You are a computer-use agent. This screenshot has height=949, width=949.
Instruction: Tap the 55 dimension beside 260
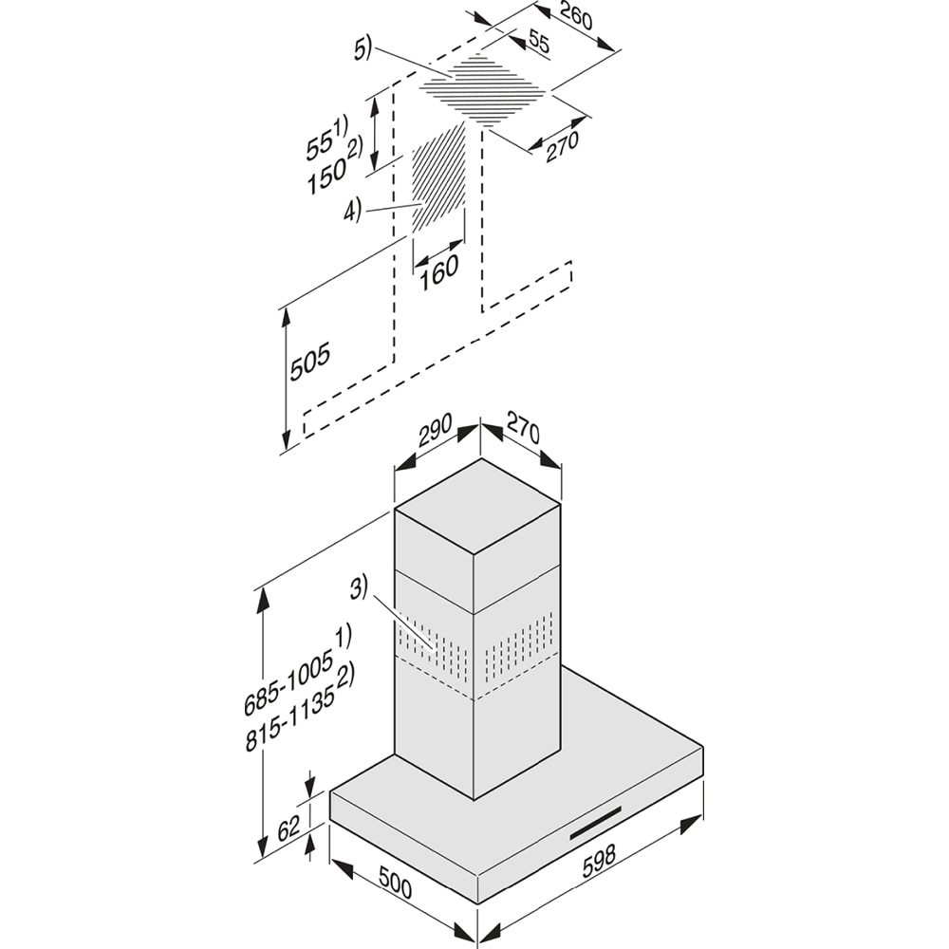[538, 41]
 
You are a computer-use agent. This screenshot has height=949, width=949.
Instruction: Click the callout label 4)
[352, 212]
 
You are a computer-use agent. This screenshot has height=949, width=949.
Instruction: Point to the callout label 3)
[357, 589]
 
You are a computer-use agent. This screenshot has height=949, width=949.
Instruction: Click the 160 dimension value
[437, 269]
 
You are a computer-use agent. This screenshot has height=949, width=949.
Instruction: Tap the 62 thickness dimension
[288, 828]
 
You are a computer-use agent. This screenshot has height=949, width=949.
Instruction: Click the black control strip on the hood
[595, 822]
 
